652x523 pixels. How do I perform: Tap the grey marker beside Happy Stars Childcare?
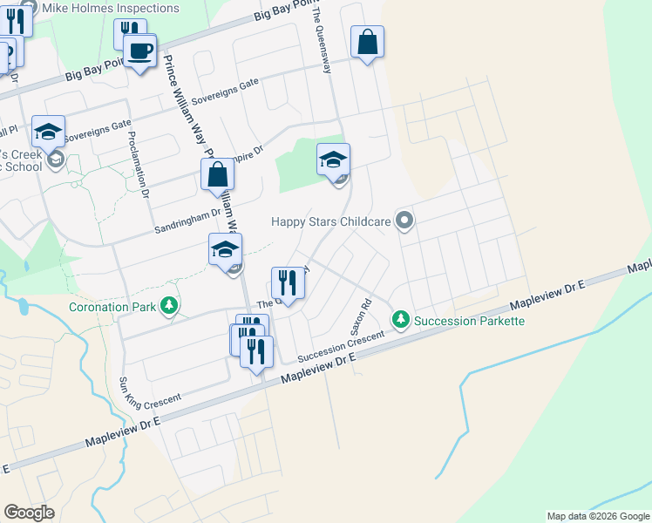tap(404, 221)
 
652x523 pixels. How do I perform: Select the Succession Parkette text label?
tap(469, 321)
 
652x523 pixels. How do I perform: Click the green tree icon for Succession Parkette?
tap(400, 320)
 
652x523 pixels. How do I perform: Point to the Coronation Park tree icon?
tap(169, 306)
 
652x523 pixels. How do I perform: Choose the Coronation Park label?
tap(112, 307)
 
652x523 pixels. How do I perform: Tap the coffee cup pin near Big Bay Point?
tap(139, 51)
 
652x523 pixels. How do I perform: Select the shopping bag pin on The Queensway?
tap(368, 41)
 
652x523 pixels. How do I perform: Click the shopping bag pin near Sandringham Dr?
tap(217, 174)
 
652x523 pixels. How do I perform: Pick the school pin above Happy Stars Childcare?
tap(333, 160)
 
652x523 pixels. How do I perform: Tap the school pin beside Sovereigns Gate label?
tap(49, 132)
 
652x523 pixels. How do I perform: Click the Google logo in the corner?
tap(29, 513)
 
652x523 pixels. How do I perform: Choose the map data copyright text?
tap(597, 516)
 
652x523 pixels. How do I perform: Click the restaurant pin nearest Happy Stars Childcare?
tap(289, 282)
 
